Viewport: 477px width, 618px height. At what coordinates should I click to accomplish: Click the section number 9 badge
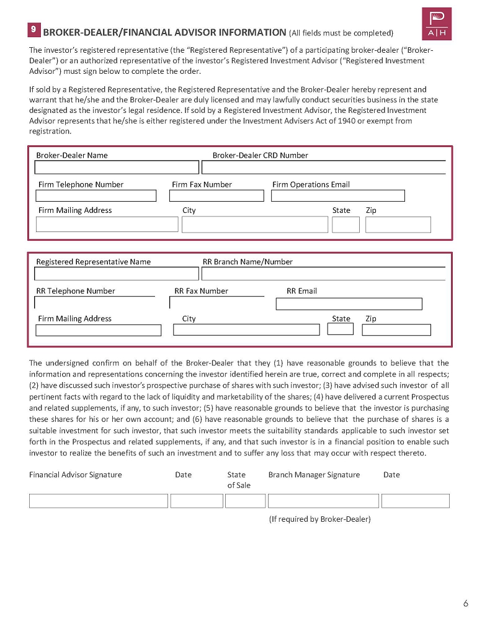pos(34,29)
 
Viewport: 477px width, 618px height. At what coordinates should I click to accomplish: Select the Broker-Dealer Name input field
pos(117,168)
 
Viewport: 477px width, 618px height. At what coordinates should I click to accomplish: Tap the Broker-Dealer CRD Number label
pos(260,156)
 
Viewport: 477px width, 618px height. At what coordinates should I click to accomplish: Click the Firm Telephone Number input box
pos(96,196)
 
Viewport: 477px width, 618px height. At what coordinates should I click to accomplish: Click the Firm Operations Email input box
pos(337,196)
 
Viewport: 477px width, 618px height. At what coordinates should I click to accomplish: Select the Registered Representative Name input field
pos(117,274)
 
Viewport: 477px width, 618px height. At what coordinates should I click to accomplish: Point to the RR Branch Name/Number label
pos(247,262)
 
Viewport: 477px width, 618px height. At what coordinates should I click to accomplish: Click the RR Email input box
pos(349,304)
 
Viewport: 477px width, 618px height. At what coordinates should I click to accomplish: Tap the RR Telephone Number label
pos(76,291)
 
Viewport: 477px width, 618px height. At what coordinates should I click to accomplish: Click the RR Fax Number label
pos(201,291)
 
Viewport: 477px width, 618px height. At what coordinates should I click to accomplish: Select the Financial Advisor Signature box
pos(99,501)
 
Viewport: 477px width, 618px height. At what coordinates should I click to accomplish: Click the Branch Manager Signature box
pos(323,501)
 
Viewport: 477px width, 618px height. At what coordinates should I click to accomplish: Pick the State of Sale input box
pos(245,501)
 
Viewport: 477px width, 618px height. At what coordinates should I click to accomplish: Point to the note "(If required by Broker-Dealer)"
pos(319,519)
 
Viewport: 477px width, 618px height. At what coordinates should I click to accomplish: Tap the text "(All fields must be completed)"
pos(341,33)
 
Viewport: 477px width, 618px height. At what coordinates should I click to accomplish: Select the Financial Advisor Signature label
pos(76,475)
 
